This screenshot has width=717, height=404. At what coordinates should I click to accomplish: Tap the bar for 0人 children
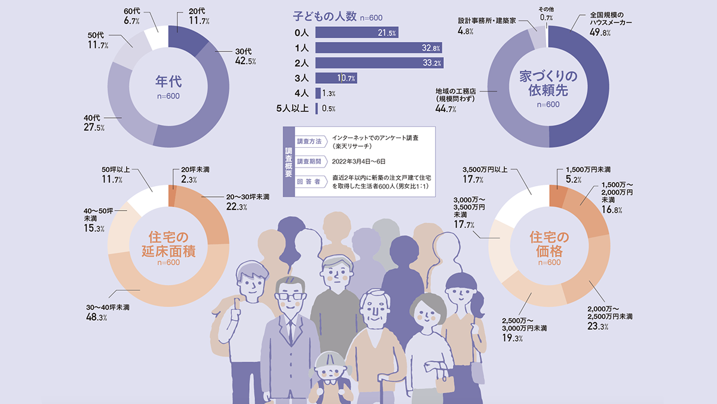click(x=357, y=32)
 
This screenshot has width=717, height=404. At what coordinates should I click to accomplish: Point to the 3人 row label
click(x=301, y=78)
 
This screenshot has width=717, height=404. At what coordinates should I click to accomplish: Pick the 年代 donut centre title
click(x=168, y=81)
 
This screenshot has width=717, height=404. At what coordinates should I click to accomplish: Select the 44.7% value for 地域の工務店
click(x=447, y=109)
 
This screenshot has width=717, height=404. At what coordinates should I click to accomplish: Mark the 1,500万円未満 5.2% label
click(x=587, y=174)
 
